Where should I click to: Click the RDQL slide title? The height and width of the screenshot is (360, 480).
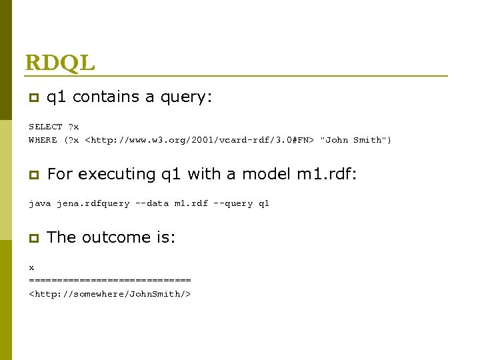60,63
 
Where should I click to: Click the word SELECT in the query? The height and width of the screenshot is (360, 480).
45,127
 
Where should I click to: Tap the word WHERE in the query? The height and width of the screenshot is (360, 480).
43,140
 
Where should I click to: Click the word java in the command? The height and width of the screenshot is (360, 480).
39,203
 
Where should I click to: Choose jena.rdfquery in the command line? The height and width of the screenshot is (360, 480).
93,203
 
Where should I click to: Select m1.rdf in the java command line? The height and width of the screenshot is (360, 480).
191,203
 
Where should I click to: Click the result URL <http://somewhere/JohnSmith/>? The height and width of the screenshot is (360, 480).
110,293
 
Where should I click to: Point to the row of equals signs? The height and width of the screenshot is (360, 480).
110,280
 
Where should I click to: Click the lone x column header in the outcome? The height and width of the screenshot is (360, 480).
31,267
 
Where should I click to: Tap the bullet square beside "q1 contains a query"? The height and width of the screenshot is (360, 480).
32,98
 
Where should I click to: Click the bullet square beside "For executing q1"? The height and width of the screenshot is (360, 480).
32,175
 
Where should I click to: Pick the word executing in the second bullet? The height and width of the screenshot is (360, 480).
117,175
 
